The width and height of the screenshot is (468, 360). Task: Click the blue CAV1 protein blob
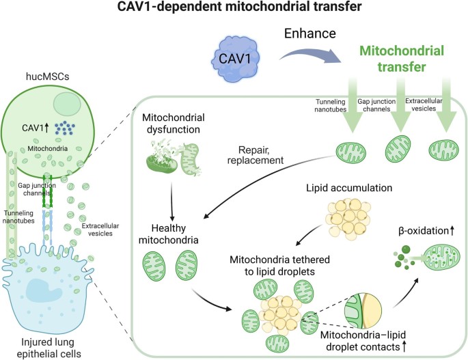(236, 59)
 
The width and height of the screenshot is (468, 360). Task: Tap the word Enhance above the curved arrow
(309, 33)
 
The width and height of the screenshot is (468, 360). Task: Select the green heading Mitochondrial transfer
(402, 59)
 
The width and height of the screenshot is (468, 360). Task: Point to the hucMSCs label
(48, 77)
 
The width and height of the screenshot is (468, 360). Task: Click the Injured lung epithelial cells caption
(49, 348)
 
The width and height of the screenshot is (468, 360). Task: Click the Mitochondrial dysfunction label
(173, 123)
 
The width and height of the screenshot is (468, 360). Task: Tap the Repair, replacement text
(256, 155)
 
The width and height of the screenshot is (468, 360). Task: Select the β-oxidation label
(426, 230)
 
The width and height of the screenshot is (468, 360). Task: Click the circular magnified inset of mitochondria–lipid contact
(363, 310)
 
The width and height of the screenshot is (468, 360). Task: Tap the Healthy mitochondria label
(169, 234)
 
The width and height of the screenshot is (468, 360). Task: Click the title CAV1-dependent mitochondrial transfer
(239, 7)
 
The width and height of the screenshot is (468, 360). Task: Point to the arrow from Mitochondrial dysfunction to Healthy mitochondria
(172, 202)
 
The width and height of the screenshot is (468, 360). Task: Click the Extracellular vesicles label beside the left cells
(100, 230)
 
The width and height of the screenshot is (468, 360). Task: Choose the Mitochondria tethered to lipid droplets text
(279, 265)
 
